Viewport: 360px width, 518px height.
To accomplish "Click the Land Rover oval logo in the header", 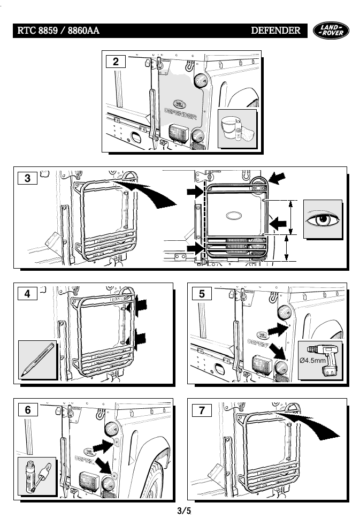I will coord(331,31).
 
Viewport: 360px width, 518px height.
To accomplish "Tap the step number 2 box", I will coord(116,62).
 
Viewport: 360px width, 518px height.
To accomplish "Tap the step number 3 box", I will coord(27,178).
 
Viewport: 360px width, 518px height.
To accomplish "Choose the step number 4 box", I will coord(27,294).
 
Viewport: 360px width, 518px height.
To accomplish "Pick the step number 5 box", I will coord(201,294).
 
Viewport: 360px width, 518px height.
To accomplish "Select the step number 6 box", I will coord(27,410).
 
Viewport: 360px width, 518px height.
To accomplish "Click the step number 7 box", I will coord(201,411).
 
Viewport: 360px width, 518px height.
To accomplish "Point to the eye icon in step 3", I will coord(322,219).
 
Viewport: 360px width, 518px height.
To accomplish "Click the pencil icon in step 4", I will coord(37,360).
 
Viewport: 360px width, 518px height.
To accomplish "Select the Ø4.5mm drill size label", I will coord(313,360).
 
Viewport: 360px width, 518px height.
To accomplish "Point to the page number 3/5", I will coord(184,510).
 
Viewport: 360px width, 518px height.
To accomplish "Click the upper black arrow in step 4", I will coord(142,305).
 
